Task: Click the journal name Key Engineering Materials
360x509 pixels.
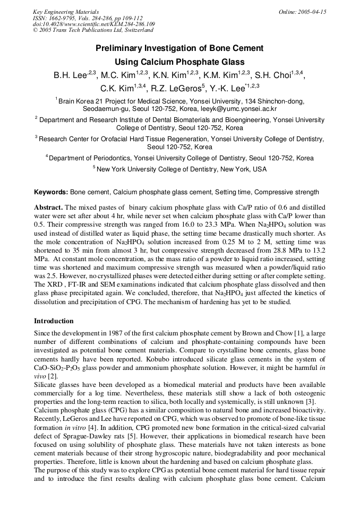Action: [x=66, y=12]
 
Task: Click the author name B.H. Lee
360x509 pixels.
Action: [x=69, y=75]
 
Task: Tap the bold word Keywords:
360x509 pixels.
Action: [x=51, y=192]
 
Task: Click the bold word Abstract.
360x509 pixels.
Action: [x=49, y=207]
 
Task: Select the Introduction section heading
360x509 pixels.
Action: [x=54, y=321]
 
